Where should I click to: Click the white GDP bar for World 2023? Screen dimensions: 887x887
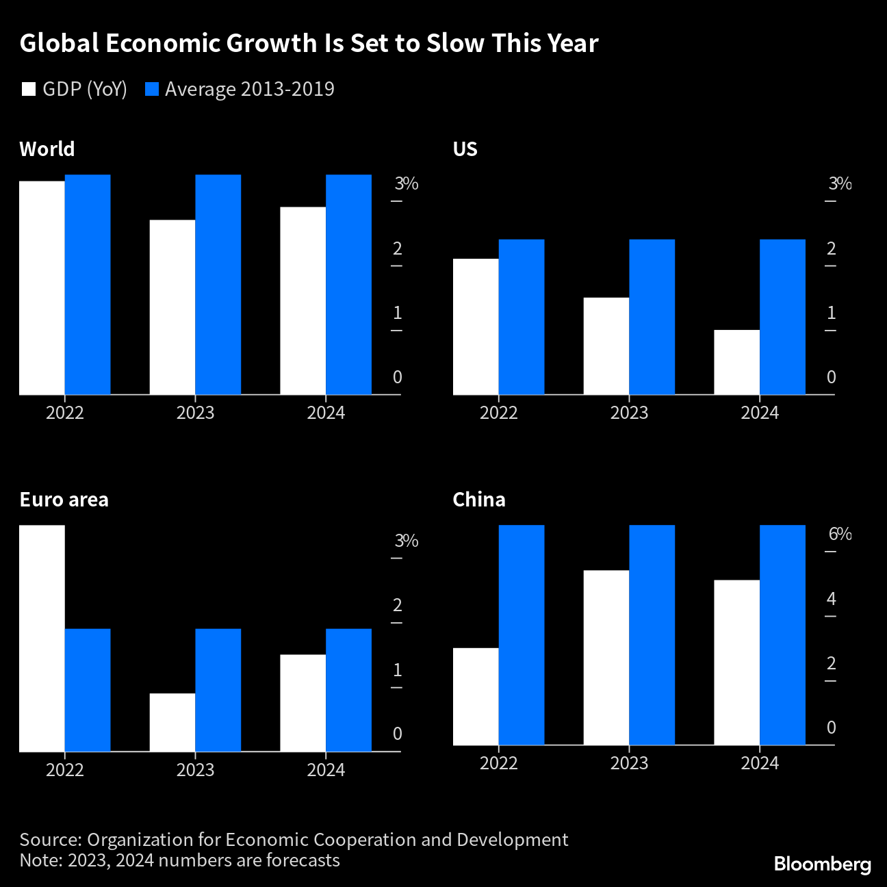(172, 307)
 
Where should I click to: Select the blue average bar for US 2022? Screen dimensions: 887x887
(522, 317)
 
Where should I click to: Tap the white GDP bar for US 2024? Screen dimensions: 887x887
(736, 362)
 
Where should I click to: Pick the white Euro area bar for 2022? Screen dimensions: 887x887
(42, 638)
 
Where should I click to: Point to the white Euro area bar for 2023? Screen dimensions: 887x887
(172, 722)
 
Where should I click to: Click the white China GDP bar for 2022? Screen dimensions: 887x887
(476, 696)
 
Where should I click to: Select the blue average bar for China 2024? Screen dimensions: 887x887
(782, 634)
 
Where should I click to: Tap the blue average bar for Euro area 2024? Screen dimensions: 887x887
(348, 690)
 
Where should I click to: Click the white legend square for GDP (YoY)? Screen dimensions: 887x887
(29, 90)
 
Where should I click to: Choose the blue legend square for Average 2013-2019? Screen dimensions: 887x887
(152, 90)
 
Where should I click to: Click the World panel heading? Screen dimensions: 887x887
(47, 149)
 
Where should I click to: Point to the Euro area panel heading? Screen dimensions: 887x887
(64, 500)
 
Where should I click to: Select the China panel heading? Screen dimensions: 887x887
(479, 500)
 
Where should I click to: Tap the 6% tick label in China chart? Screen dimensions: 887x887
(840, 534)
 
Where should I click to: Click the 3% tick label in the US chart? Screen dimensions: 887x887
(840, 183)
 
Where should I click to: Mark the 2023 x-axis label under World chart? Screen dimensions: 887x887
(195, 413)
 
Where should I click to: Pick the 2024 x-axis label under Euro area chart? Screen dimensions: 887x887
(326, 770)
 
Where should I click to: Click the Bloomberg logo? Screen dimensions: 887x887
(822, 864)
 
